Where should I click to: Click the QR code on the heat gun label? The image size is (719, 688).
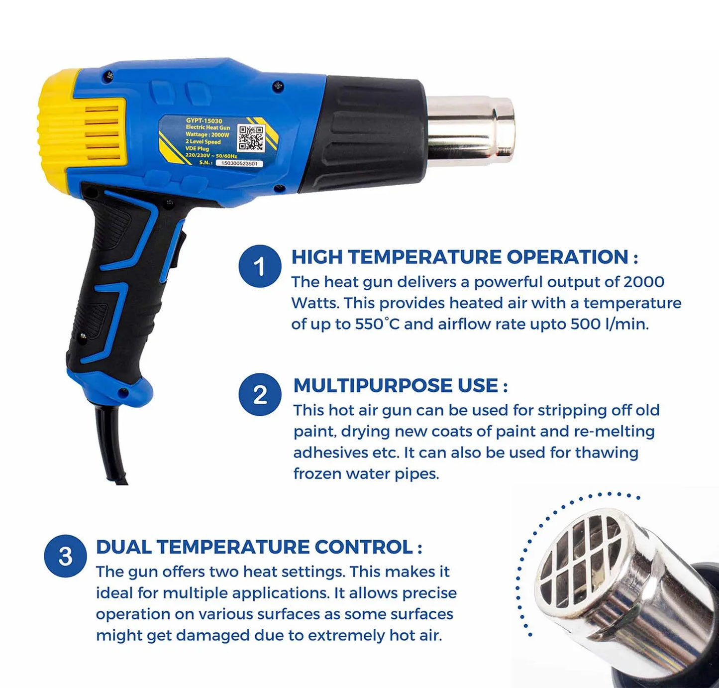250,137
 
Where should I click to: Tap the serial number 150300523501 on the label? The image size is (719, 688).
239,163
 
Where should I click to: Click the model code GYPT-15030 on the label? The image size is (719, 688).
204,120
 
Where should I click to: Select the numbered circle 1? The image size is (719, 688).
260,266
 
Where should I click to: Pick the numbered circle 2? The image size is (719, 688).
260,395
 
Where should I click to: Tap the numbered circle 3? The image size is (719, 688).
65,556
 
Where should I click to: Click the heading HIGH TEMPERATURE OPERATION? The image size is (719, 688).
459,257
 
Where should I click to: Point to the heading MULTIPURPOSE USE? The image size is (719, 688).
396,386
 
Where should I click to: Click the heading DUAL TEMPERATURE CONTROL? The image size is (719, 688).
254,547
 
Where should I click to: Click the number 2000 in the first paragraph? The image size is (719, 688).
644,282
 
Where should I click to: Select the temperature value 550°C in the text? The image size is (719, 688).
377,324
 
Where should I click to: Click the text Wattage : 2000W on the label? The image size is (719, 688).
207,134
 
